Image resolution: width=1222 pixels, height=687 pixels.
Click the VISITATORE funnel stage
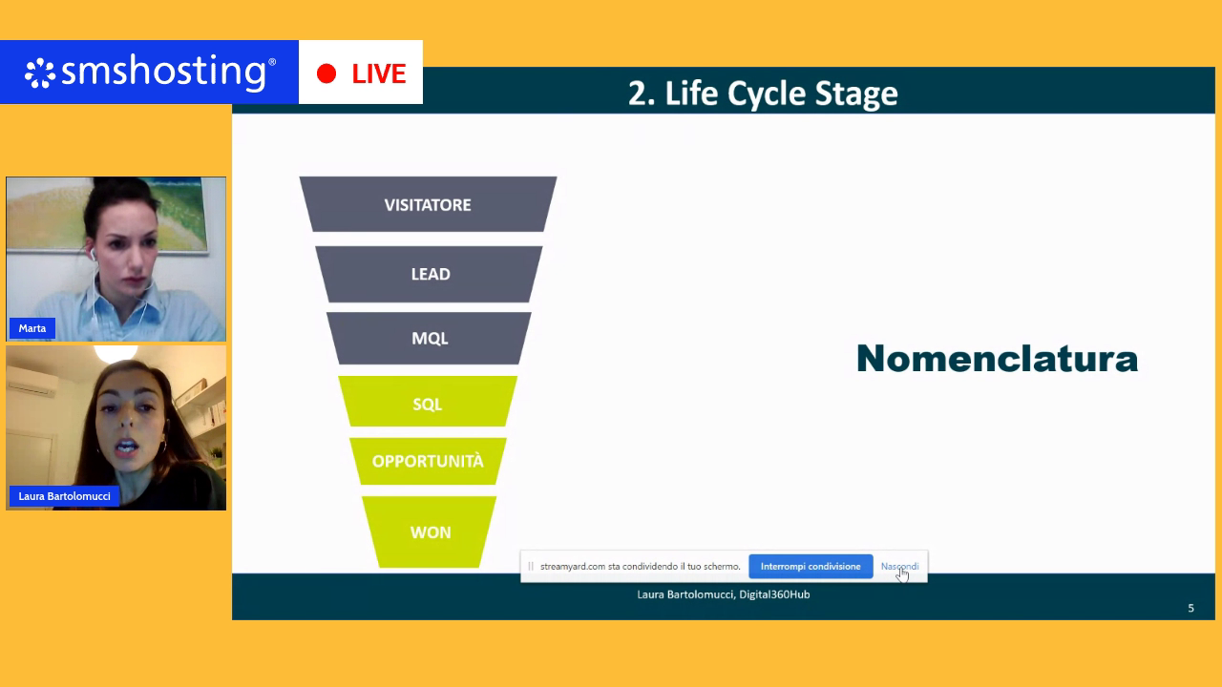(428, 204)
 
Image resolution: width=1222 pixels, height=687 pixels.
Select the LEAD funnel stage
(430, 274)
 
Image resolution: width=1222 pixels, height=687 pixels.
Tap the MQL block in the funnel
(430, 339)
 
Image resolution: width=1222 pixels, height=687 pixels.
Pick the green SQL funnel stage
(428, 404)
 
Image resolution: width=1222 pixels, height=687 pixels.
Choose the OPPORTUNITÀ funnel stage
(428, 461)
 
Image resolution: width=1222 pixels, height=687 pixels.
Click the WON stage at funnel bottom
(430, 532)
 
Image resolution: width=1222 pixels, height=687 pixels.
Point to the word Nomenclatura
(997, 359)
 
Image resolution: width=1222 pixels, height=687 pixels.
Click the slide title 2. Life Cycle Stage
(762, 94)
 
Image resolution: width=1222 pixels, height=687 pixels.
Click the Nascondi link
(899, 567)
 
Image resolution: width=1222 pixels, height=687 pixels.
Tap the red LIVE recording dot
(327, 73)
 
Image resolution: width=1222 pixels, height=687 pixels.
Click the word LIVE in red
(379, 73)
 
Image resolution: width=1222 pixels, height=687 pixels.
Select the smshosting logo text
(168, 73)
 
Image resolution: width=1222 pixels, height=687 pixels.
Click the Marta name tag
(32, 328)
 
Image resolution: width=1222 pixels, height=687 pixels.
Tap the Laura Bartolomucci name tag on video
(64, 496)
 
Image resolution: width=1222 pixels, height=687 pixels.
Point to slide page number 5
(1190, 608)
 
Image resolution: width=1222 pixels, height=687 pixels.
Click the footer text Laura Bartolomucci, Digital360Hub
(723, 594)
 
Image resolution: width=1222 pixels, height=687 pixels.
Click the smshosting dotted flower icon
(41, 73)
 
